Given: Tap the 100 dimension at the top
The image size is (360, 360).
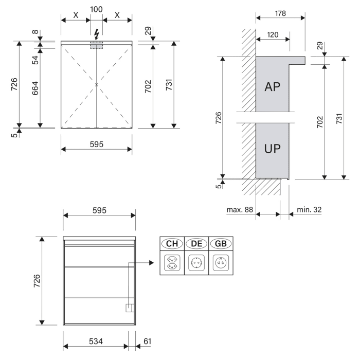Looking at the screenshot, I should (96, 9).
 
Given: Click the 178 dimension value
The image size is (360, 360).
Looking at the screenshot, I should (280, 12).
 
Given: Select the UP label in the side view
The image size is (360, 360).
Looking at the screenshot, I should (272, 149).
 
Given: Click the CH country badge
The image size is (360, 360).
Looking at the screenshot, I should (172, 244).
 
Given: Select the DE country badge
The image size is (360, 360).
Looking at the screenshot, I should (196, 244).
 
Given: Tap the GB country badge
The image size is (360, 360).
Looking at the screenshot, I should (220, 244).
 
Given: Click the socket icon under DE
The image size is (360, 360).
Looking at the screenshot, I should (196, 262).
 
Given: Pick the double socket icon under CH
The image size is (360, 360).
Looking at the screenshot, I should (172, 262).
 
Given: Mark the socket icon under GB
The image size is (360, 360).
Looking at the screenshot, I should (220, 262).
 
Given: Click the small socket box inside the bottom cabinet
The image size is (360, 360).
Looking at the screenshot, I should (130, 308).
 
